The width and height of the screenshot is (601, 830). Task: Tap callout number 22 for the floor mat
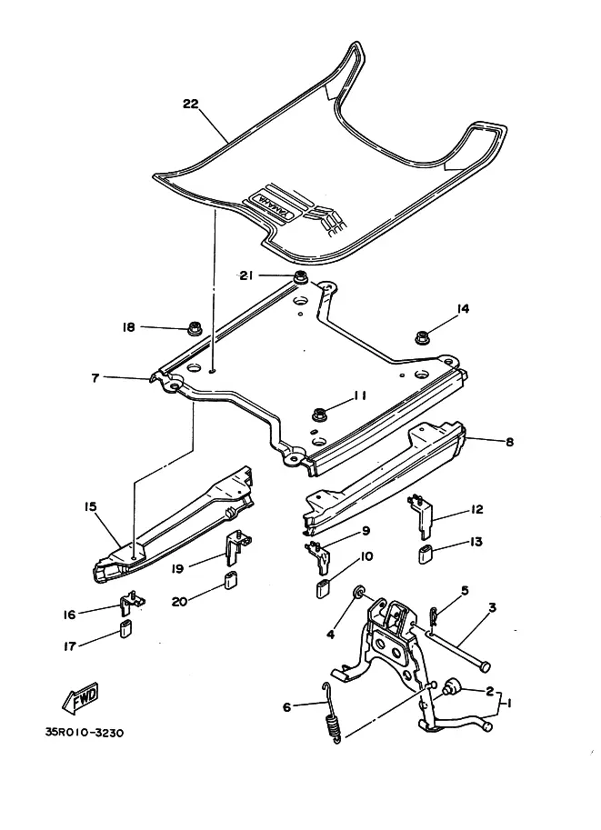(x=190, y=104)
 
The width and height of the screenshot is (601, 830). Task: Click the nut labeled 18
(x=194, y=327)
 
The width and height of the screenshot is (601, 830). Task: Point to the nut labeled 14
(x=422, y=338)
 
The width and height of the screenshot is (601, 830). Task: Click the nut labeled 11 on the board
(x=319, y=414)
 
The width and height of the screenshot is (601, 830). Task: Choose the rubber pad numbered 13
(x=426, y=555)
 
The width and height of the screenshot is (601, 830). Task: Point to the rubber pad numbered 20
(x=231, y=581)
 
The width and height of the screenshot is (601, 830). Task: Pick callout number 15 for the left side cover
(x=91, y=505)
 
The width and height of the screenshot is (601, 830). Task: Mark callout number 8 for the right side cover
(x=509, y=442)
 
